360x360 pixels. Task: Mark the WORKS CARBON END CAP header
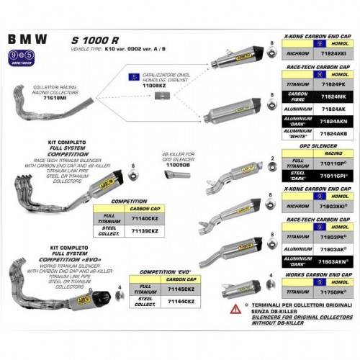[316, 276]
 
